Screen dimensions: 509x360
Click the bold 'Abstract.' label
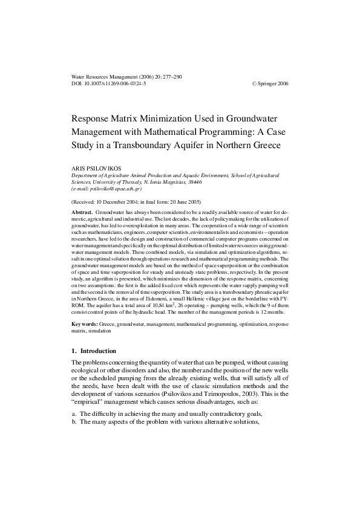click(82, 213)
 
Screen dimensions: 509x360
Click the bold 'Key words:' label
click(85, 324)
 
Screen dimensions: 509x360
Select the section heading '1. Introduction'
click(97, 351)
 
